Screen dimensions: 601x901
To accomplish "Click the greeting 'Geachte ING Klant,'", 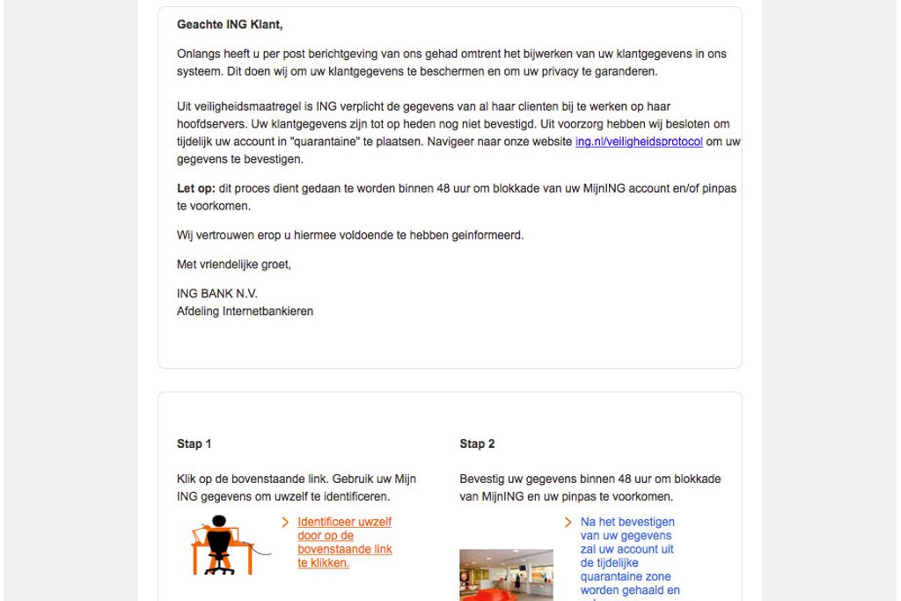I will pos(230,25).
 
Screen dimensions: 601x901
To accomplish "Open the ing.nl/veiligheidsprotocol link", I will pos(639,142).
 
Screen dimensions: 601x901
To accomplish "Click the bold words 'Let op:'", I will pos(195,189).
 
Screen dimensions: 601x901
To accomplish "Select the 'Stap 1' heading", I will pos(194,444).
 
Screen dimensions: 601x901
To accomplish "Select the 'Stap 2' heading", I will pos(477,444).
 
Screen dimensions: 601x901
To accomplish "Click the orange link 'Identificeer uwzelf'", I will pos(344,522).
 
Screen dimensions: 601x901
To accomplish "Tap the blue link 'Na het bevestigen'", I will pos(627,522).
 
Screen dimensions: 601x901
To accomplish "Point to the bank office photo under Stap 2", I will pos(506,575).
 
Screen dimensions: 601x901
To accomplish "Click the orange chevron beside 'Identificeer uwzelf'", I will pos(285,522).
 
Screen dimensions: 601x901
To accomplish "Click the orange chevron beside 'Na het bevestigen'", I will pos(568,522).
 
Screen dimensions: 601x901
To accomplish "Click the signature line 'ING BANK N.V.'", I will pos(217,294).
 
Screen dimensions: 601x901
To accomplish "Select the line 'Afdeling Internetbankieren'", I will pos(245,311).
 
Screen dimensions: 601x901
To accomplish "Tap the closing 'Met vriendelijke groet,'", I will pos(234,265).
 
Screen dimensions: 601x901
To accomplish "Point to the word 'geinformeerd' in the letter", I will pos(490,236).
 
